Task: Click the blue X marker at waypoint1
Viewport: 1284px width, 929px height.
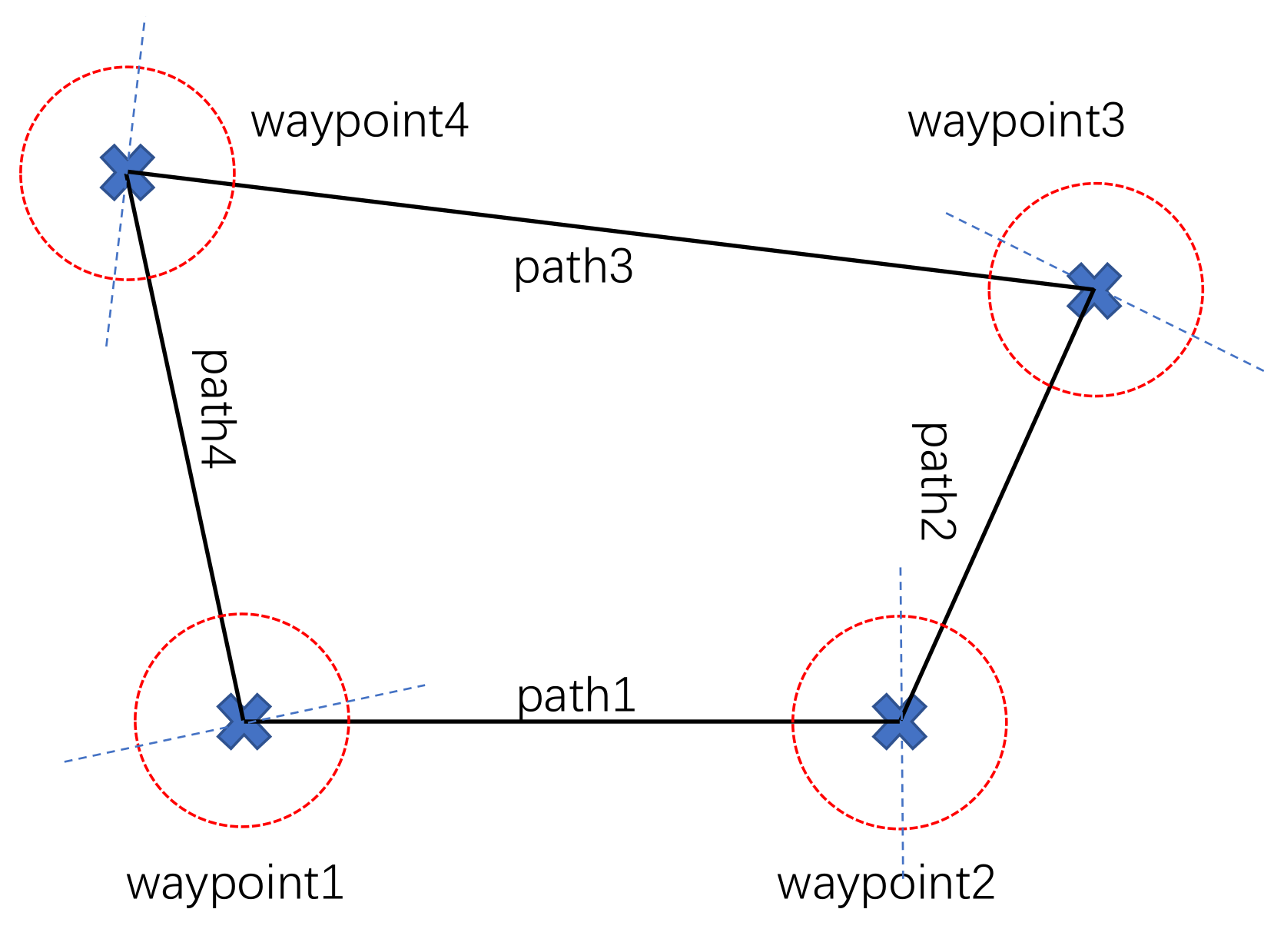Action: coord(244,722)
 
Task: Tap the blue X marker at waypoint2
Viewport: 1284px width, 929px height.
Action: coord(899,722)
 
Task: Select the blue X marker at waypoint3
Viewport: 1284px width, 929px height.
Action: coord(1093,290)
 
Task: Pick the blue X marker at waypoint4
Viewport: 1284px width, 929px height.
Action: coord(128,172)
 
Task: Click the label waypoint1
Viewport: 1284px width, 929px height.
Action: coord(234,884)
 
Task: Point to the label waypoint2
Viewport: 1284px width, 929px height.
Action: coord(886,884)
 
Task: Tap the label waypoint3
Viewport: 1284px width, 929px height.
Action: coord(1016,121)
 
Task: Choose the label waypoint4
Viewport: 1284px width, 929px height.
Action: coord(359,121)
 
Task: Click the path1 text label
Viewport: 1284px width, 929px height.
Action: coord(576,695)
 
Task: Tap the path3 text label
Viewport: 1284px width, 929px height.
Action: coord(573,267)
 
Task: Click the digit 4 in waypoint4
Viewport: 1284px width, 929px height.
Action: coord(456,121)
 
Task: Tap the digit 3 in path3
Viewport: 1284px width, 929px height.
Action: coord(619,267)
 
